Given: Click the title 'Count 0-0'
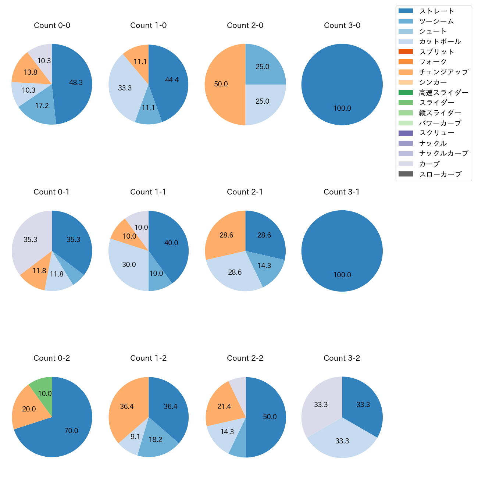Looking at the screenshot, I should pyautogui.click(x=52, y=25).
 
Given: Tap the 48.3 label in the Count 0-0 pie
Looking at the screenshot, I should pyautogui.click(x=76, y=83).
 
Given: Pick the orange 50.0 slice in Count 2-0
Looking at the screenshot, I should pyautogui.click(x=221, y=84).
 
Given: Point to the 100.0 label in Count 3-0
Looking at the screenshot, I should pyautogui.click(x=342, y=108).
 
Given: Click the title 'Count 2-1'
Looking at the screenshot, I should pyautogui.click(x=245, y=192).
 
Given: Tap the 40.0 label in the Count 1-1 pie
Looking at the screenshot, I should pyautogui.click(x=171, y=243).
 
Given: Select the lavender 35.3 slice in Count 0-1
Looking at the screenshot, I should pyautogui.click(x=30, y=239).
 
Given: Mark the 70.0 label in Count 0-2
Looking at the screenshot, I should pyautogui.click(x=71, y=431).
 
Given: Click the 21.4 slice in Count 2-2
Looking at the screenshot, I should pyautogui.click(x=224, y=406).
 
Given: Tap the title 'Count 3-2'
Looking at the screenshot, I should pyautogui.click(x=342, y=358).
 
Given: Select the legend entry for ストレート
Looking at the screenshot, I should pyautogui.click(x=436, y=11).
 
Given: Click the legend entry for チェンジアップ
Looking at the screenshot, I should pyautogui.click(x=443, y=72).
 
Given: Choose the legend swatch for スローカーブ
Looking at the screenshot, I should pyautogui.click(x=405, y=174).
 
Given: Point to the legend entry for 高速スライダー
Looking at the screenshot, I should pyautogui.click(x=443, y=93).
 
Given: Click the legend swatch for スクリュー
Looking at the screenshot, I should pyautogui.click(x=405, y=133).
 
